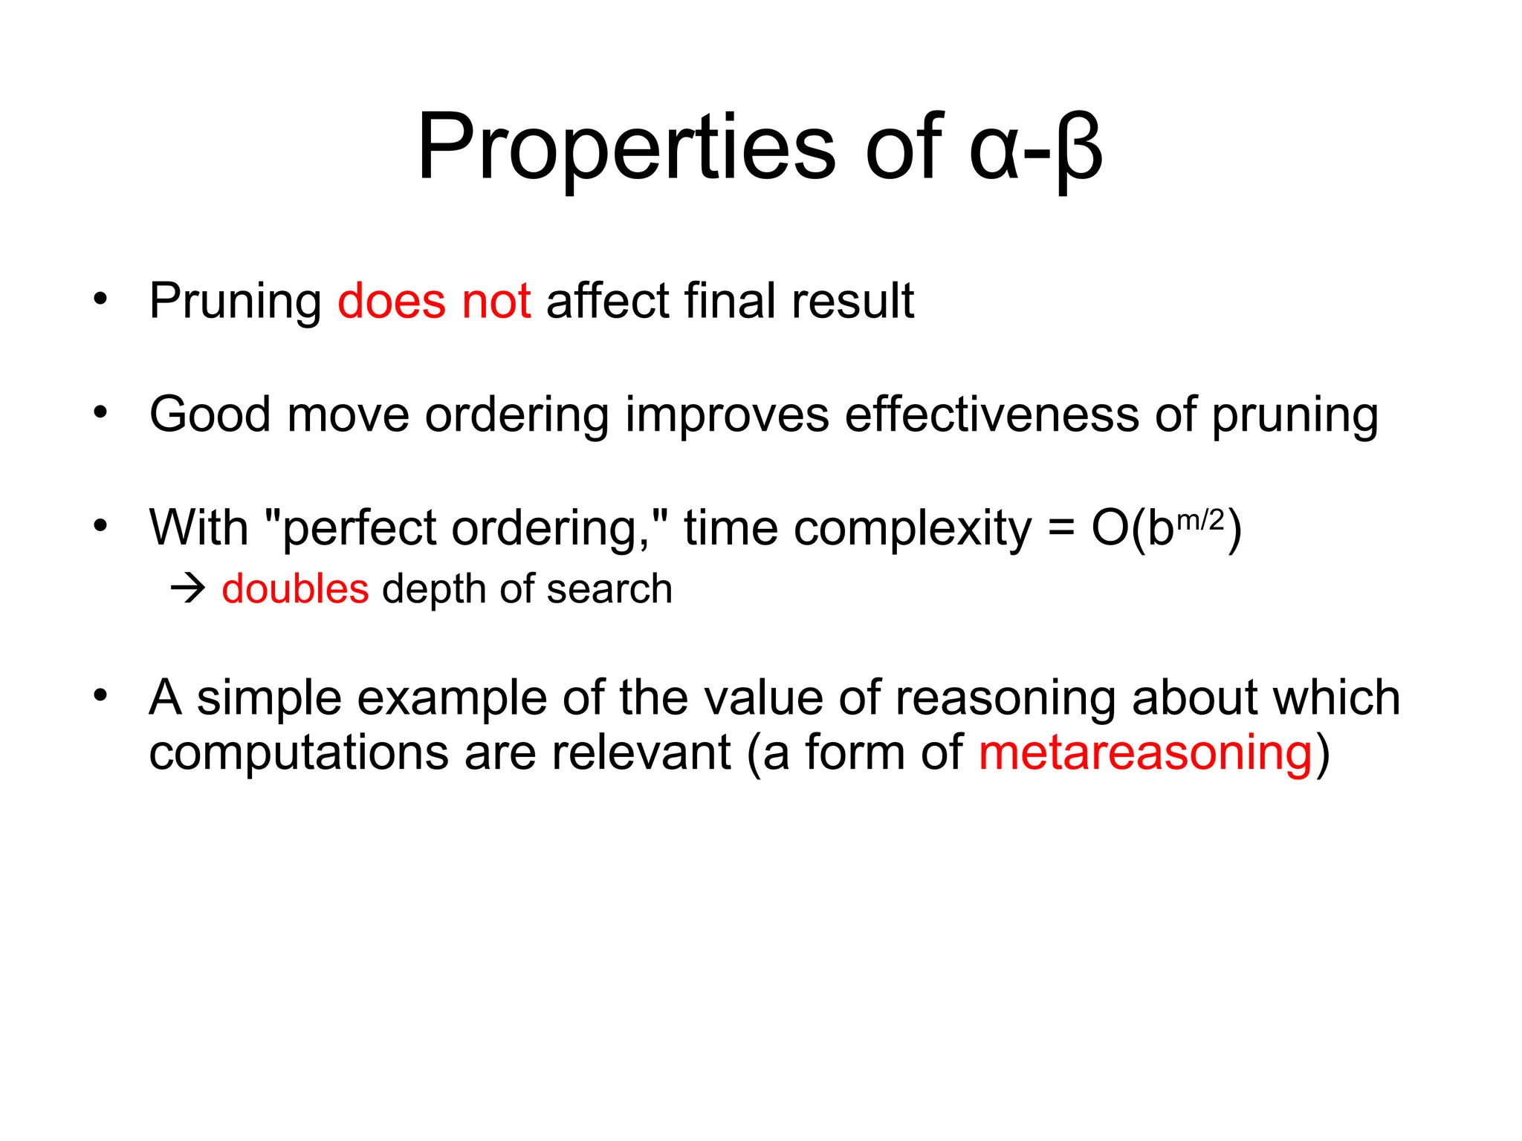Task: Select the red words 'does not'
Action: click(x=434, y=301)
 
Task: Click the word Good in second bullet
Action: click(x=210, y=414)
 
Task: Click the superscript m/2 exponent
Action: click(x=1201, y=520)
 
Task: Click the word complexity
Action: click(x=913, y=529)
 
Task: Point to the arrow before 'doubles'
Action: click(x=188, y=590)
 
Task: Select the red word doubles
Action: click(x=295, y=589)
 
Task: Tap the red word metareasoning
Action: click(x=1146, y=753)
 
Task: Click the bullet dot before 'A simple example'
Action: click(x=101, y=696)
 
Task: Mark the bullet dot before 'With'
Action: click(x=101, y=527)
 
